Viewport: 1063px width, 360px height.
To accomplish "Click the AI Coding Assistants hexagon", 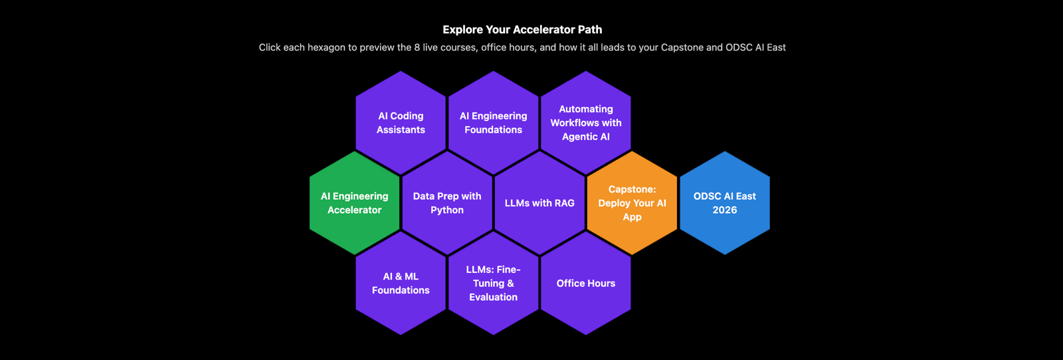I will [401, 123].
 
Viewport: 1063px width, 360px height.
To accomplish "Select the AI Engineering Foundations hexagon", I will [493, 123].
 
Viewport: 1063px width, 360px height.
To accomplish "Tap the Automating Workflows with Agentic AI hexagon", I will [585, 123].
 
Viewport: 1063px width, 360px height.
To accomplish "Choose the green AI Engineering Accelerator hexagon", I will [354, 203].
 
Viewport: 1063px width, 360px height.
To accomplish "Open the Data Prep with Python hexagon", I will [447, 203].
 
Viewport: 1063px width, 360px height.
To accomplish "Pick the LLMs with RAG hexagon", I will [539, 203].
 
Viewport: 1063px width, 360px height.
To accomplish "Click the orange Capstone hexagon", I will [632, 203].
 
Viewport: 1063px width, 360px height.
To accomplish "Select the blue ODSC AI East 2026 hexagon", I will [725, 203].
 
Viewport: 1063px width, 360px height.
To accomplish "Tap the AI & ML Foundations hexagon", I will [401, 283].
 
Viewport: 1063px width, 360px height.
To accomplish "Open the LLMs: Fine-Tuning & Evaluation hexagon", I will [493, 283].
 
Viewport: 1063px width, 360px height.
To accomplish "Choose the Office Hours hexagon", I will [585, 283].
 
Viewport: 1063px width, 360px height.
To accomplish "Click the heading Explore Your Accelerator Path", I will [522, 29].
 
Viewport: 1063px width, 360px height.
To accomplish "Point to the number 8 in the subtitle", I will [417, 48].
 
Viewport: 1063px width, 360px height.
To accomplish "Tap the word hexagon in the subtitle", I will [326, 48].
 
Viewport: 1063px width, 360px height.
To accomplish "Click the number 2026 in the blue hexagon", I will [725, 210].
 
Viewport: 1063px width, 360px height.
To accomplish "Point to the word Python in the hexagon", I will [447, 210].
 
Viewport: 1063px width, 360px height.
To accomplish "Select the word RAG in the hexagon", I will [564, 203].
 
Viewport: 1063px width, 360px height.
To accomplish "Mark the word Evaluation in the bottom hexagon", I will [493, 297].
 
